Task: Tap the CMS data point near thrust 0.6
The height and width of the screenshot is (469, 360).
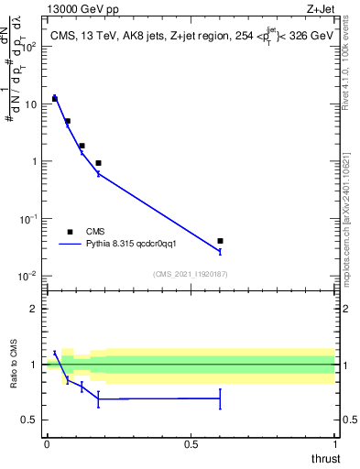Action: pos(220,241)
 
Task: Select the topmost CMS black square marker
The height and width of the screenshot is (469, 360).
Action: pos(55,98)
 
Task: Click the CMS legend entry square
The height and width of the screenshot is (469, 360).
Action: pos(70,232)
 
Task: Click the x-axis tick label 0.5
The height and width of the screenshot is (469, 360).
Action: pos(191,444)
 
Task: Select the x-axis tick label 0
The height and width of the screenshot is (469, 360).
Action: pos(47,444)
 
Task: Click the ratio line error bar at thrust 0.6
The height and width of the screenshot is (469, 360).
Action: pos(220,398)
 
